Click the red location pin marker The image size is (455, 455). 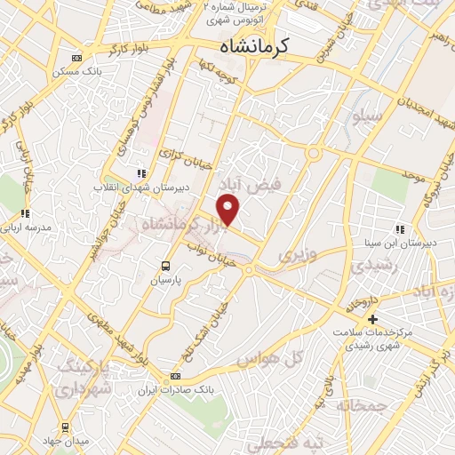[229, 210]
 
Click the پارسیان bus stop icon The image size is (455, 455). [165, 266]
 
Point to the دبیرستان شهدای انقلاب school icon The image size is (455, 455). [139, 174]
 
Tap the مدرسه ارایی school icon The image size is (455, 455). [25, 213]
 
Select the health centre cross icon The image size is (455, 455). [372, 319]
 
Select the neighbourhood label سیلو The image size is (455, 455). [367, 116]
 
